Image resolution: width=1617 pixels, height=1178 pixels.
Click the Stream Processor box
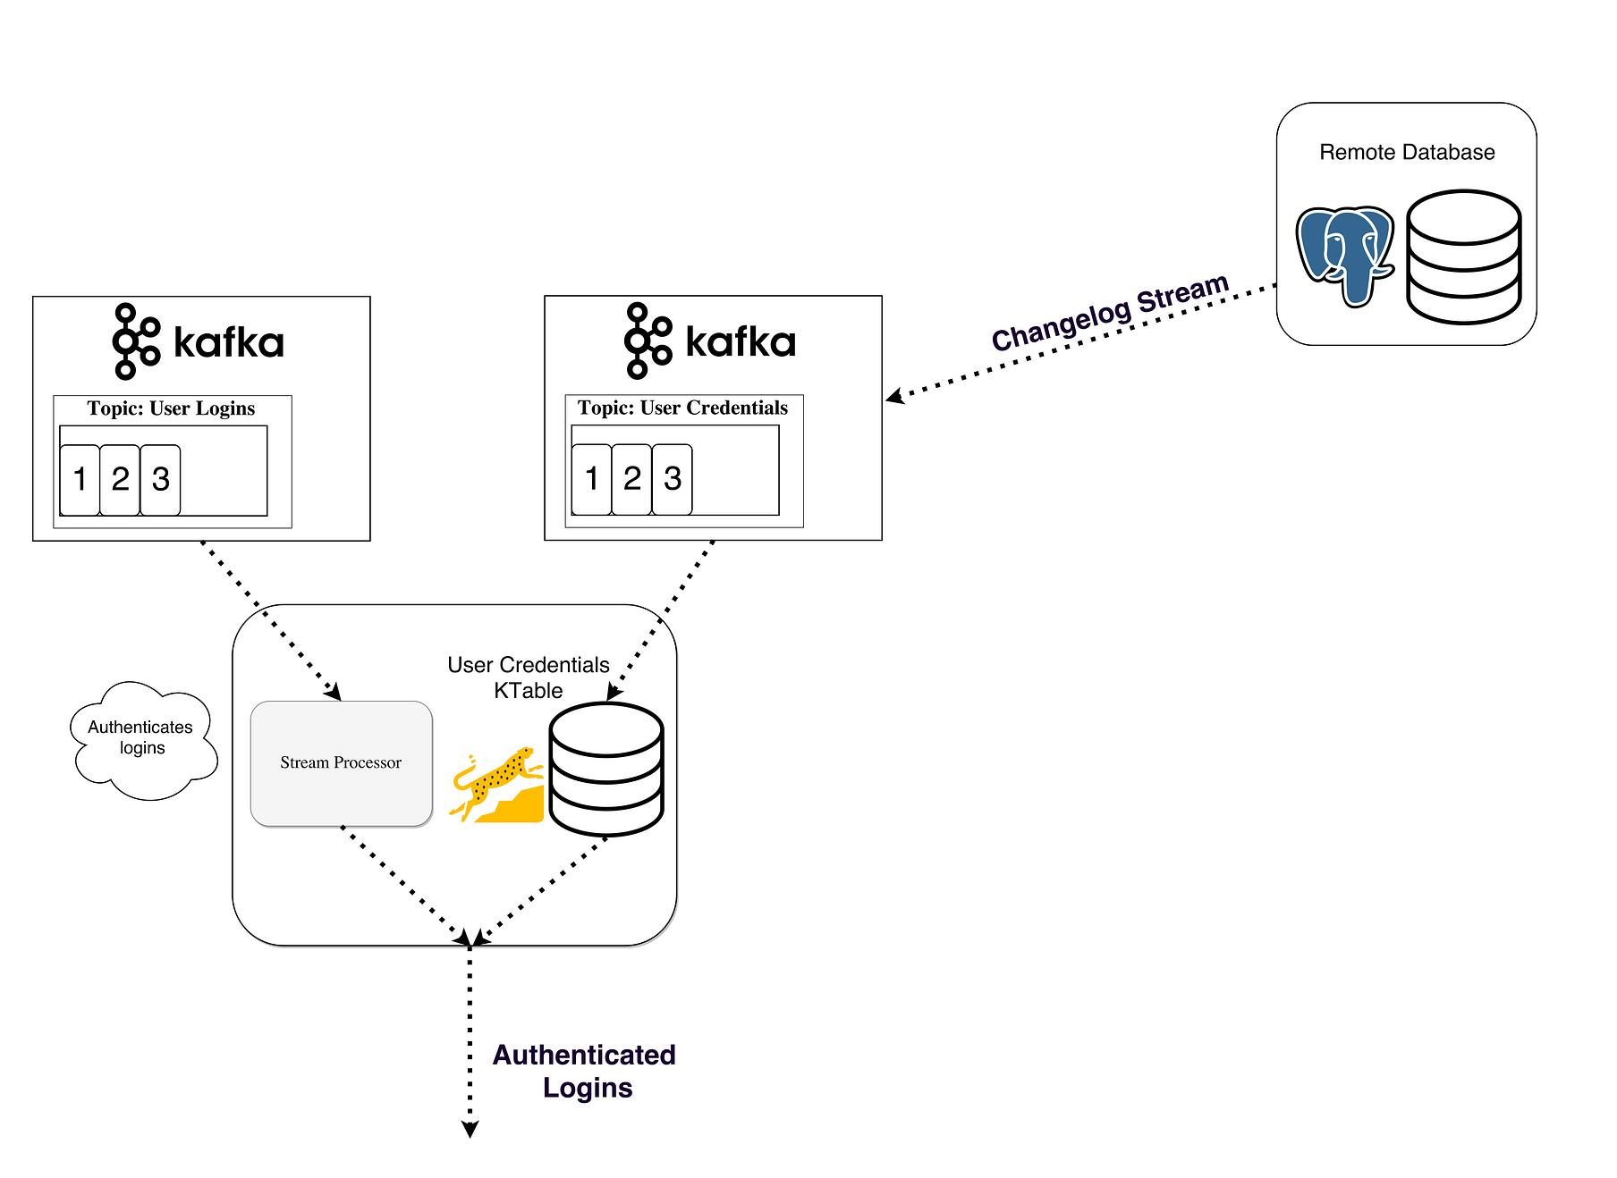point(341,762)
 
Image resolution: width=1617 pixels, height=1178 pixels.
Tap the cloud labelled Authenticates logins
point(141,738)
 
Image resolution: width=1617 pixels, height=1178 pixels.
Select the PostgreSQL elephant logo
point(1344,255)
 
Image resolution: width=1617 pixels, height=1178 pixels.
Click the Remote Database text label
point(1406,153)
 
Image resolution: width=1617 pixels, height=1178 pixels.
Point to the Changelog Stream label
point(1110,313)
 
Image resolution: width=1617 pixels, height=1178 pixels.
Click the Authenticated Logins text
point(585,1071)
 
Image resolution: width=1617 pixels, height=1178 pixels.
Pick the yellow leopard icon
point(497,785)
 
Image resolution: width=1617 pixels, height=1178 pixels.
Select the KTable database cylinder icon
point(605,769)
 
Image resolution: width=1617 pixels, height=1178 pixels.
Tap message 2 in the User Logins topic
point(120,480)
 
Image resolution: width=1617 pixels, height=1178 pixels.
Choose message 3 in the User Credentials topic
point(673,479)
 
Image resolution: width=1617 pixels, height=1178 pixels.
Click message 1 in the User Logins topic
point(80,480)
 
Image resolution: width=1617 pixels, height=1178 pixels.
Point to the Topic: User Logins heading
point(171,408)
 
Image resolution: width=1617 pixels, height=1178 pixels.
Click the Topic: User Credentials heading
point(682,408)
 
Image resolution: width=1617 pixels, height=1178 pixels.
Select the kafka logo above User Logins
point(199,341)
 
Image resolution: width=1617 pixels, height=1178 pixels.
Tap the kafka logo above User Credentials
point(710,341)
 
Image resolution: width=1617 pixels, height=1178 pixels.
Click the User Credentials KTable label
point(528,677)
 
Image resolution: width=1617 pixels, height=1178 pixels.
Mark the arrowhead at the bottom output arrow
point(470,1130)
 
